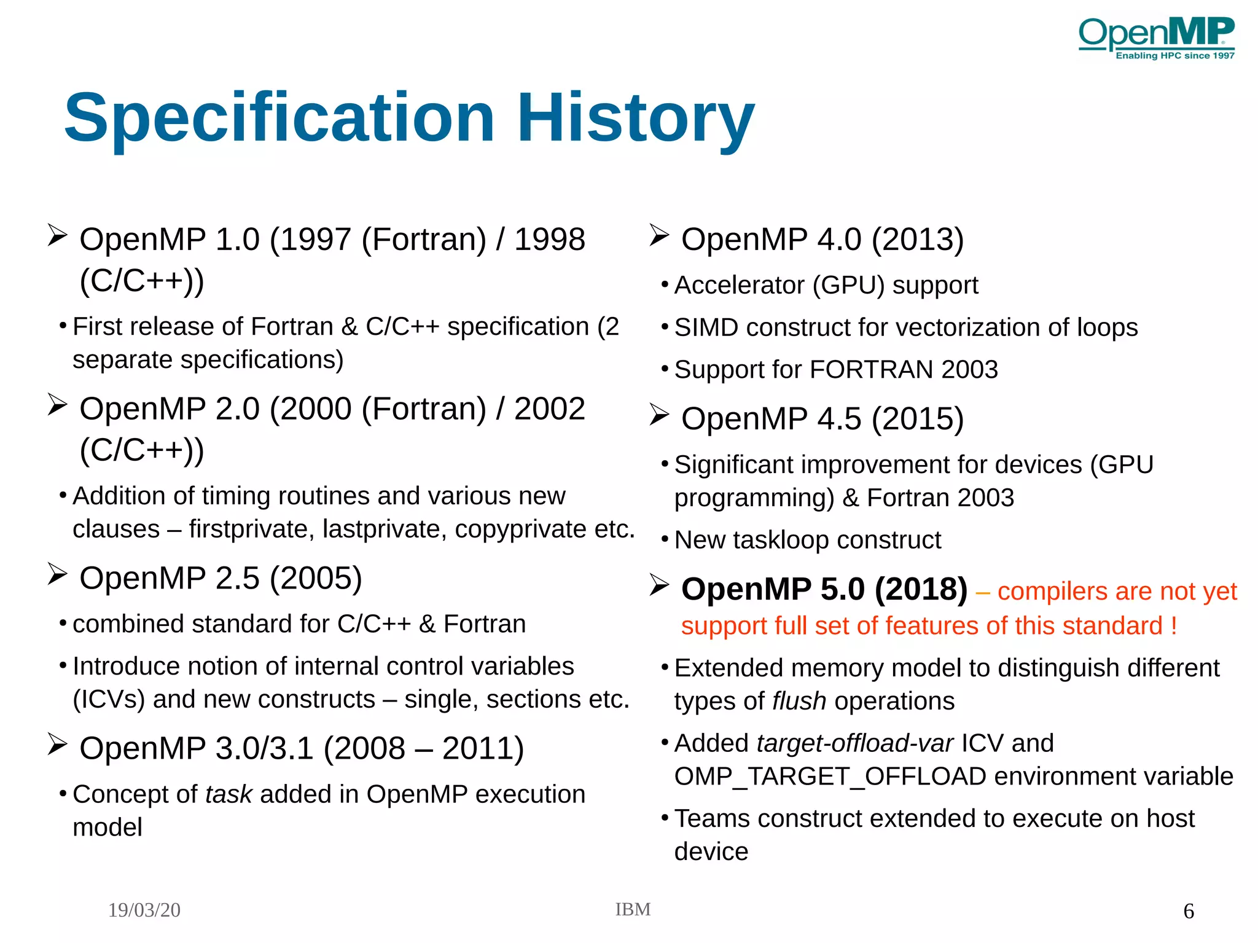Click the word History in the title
point(635,117)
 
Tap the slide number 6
point(1189,910)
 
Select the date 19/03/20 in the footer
point(144,910)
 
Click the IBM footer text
point(633,909)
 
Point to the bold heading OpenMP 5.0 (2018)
point(824,589)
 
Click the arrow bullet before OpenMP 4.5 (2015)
point(659,416)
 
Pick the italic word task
point(229,794)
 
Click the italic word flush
point(799,701)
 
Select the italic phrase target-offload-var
point(854,743)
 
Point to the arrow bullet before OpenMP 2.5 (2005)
point(57,574)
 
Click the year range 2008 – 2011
point(423,748)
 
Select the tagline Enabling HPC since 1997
point(1174,56)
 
